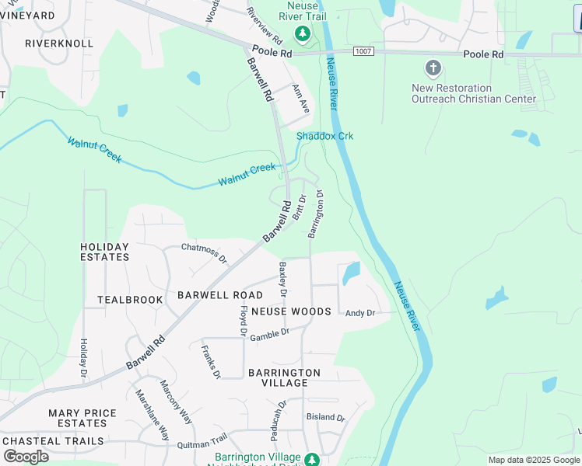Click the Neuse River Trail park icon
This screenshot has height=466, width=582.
click(x=302, y=33)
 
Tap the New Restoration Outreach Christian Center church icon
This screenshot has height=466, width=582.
click(x=434, y=69)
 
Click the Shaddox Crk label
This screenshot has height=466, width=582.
click(x=324, y=136)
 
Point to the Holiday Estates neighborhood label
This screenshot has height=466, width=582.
click(x=105, y=252)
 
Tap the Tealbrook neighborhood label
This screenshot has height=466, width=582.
click(x=130, y=299)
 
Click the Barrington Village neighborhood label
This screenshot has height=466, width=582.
click(x=284, y=378)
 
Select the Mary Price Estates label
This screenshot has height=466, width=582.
click(x=82, y=418)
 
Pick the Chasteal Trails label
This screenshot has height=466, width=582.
click(x=53, y=441)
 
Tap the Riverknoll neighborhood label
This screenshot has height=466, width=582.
click(x=59, y=43)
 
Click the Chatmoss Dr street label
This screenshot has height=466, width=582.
click(x=204, y=252)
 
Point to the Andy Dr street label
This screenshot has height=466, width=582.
click(x=359, y=313)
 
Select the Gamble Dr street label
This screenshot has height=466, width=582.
click(x=269, y=334)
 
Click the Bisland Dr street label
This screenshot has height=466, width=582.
click(x=325, y=417)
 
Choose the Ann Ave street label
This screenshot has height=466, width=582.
click(x=300, y=99)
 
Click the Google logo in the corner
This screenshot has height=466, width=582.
click(x=26, y=456)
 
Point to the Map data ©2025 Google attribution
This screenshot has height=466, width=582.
click(x=534, y=460)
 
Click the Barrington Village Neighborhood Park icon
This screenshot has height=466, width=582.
click(x=311, y=459)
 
